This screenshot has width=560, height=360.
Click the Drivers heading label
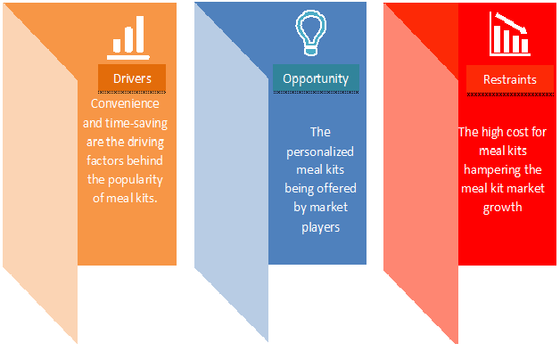click(132, 78)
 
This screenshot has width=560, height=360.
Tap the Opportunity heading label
click(316, 78)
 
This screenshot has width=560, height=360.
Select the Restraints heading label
click(510, 79)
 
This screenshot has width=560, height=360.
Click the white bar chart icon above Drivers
click(128, 37)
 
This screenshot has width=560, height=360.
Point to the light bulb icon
click(310, 32)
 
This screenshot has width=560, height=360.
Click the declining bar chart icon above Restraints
click(510, 34)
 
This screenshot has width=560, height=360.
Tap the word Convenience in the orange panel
click(125, 103)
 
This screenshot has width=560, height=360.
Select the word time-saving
click(136, 123)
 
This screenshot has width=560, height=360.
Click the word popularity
click(136, 179)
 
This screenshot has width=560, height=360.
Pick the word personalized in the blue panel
click(320, 152)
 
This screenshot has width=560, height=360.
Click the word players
click(320, 227)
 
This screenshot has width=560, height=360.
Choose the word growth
click(503, 208)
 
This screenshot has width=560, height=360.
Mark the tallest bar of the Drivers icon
click(140, 34)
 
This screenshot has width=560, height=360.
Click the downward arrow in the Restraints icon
click(512, 23)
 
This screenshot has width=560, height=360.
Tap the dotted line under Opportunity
click(316, 92)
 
